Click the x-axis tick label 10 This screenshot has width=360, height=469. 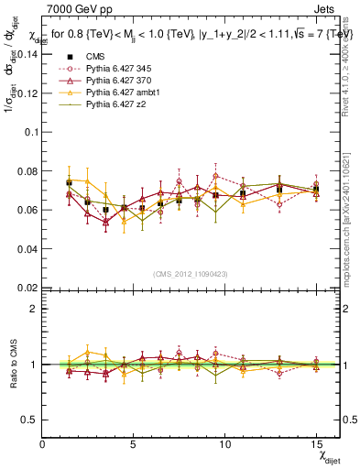[x=224, y=444]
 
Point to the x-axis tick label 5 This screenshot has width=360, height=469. [x=134, y=444]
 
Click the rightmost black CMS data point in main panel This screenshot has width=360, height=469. [x=315, y=190]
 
